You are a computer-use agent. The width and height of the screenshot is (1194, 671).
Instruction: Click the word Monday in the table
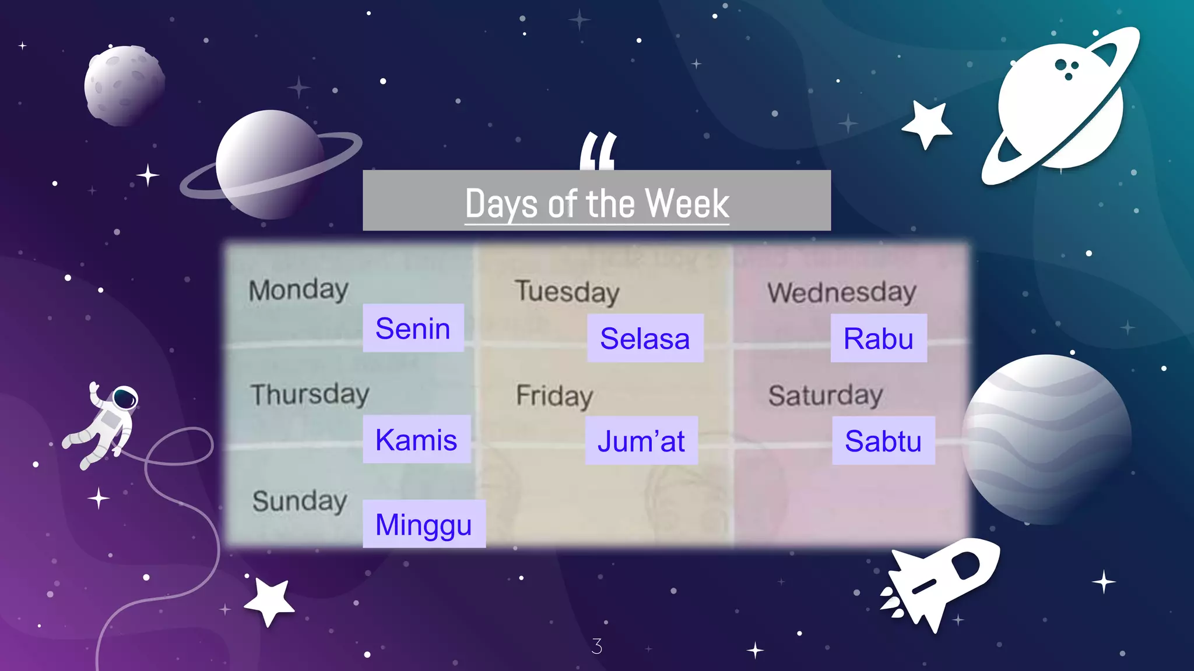point(298,290)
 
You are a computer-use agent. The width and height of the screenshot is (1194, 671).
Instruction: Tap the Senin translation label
point(413,328)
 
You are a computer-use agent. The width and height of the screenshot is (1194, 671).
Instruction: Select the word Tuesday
point(567,291)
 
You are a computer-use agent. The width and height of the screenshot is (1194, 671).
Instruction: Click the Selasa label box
point(645,338)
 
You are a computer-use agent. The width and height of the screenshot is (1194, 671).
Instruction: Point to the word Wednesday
point(841,292)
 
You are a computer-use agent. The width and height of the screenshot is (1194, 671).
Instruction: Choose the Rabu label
point(878,338)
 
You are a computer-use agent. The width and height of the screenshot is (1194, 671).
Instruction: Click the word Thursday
point(310,394)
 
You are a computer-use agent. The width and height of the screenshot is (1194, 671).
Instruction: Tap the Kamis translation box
point(416,439)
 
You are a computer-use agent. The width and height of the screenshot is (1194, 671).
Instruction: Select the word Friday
point(554,396)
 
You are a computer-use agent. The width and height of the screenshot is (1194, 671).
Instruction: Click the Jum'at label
point(641,440)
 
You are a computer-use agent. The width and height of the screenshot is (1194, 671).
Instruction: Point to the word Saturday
point(826,395)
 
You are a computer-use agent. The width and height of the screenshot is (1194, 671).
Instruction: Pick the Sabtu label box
point(883,440)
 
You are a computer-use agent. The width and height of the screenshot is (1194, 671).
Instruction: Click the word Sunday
point(300,501)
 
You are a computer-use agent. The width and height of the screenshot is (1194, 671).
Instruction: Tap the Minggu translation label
point(424,524)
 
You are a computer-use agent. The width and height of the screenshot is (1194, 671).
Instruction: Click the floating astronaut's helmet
point(124,398)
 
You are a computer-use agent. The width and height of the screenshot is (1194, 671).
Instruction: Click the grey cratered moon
point(124,85)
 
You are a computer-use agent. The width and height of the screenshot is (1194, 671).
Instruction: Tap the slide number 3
point(596,646)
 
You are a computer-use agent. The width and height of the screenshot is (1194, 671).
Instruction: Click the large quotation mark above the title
point(598,151)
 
